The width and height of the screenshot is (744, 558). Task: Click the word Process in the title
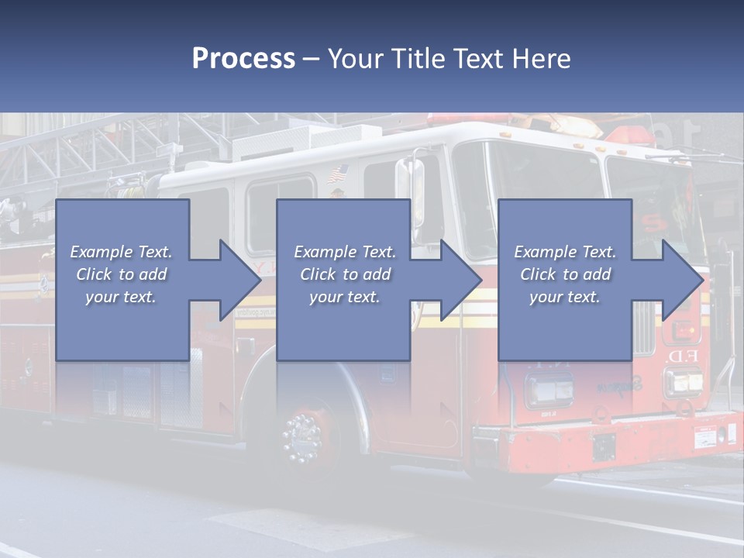(x=243, y=59)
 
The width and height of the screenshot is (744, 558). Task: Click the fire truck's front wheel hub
(x=301, y=438)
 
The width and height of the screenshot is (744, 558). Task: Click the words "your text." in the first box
(x=121, y=296)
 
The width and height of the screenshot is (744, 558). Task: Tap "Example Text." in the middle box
(x=345, y=252)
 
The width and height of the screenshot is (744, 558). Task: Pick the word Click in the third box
(x=538, y=274)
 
